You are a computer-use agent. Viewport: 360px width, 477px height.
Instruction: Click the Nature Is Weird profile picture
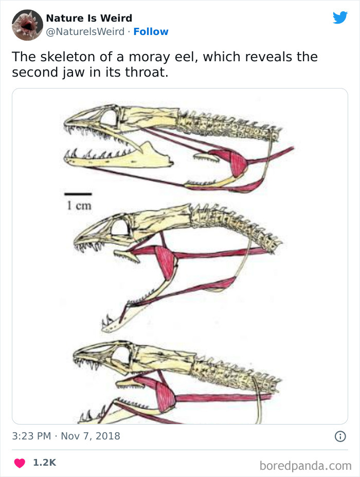(27, 25)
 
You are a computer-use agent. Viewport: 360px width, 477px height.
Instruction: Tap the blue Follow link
(151, 31)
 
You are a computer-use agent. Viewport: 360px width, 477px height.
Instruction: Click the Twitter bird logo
(340, 17)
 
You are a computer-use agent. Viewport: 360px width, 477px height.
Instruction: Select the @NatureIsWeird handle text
(85, 31)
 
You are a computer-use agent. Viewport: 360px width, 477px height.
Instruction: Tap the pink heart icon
(20, 463)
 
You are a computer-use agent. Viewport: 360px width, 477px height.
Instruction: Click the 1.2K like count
(44, 463)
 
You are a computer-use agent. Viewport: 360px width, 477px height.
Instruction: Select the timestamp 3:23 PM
(31, 436)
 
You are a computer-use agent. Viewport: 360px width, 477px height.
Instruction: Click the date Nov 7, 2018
(91, 436)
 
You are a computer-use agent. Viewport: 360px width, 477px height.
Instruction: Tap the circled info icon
(340, 436)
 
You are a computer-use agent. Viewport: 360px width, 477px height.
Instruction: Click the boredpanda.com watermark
(305, 466)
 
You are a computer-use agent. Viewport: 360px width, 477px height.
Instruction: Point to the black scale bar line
(78, 194)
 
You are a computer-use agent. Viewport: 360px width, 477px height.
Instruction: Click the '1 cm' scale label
(79, 206)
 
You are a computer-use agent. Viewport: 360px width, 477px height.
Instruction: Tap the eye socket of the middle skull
(119, 227)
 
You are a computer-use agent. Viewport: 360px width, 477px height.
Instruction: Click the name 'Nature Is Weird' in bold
(89, 18)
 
